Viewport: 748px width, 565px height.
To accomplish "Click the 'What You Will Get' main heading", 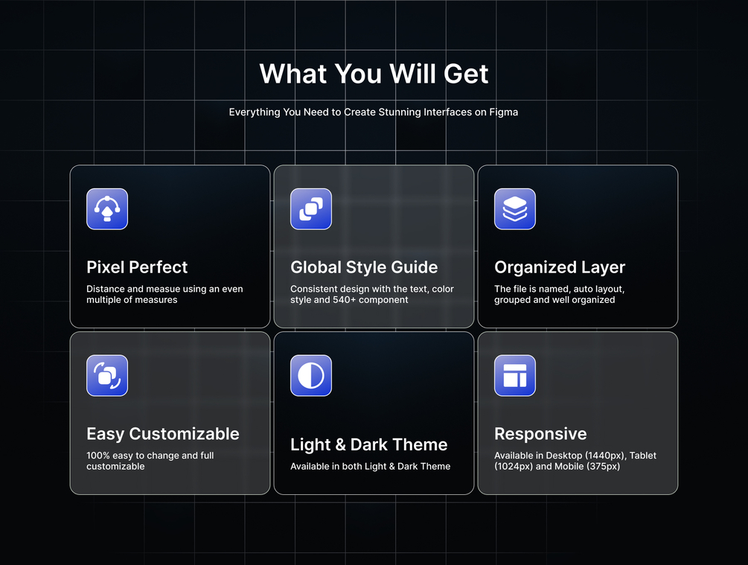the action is [374, 74].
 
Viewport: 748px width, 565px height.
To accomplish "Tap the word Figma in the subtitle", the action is [503, 112].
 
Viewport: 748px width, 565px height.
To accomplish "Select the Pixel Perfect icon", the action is [107, 209].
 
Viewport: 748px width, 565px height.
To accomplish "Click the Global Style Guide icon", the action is [311, 209].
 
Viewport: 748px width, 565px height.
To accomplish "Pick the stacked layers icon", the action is [515, 209].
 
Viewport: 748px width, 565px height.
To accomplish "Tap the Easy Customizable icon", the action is [107, 376].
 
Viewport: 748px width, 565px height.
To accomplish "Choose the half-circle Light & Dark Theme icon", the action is [311, 376].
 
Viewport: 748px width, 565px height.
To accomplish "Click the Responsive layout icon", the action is [515, 376].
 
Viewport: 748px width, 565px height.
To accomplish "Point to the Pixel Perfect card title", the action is [137, 267].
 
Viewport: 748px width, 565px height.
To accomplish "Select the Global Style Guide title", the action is [364, 267].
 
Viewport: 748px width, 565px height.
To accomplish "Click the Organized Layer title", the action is [560, 268].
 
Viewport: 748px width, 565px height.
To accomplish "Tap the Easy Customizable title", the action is [163, 434].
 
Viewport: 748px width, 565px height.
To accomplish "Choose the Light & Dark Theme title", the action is [368, 444].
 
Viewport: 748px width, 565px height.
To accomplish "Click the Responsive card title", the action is [540, 434].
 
